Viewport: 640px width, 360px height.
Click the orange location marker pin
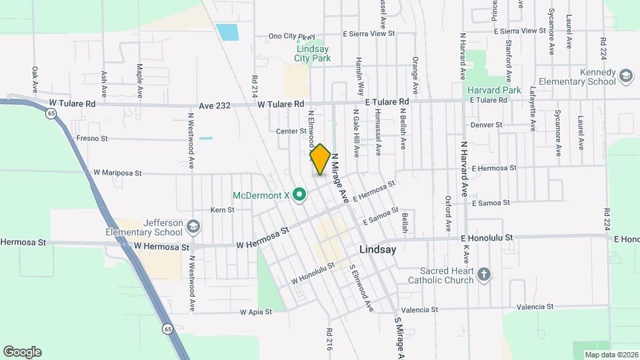point(320,159)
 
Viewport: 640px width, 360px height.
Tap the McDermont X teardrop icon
point(300,195)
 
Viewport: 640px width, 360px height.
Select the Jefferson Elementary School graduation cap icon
point(193,225)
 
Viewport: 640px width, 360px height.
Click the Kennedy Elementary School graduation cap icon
point(626,76)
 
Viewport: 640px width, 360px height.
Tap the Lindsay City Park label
point(313,53)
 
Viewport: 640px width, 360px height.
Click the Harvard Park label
point(493,89)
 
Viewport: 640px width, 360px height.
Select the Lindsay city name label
point(377,249)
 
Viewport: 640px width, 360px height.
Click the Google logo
point(22,352)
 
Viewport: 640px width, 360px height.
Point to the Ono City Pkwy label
point(291,36)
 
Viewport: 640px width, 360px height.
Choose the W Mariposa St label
point(118,173)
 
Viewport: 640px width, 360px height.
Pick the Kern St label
point(223,209)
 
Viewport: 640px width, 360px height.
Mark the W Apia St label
point(256,311)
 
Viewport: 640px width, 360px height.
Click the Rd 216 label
point(329,339)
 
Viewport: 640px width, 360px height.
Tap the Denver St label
point(486,125)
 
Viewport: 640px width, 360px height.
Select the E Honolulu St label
point(486,237)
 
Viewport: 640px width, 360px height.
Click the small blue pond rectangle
point(227,31)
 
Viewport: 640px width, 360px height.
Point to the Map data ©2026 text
point(610,355)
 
